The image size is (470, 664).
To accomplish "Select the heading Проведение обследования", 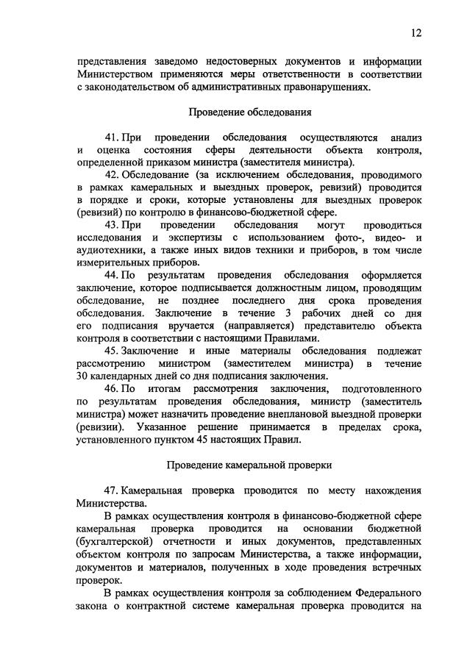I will (x=250, y=113).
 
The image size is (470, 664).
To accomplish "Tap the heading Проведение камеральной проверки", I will (x=249, y=465).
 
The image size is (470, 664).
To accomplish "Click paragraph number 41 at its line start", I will (x=112, y=138).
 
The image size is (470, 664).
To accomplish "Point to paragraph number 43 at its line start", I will (x=112, y=224).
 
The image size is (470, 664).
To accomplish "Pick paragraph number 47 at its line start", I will (x=112, y=490).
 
